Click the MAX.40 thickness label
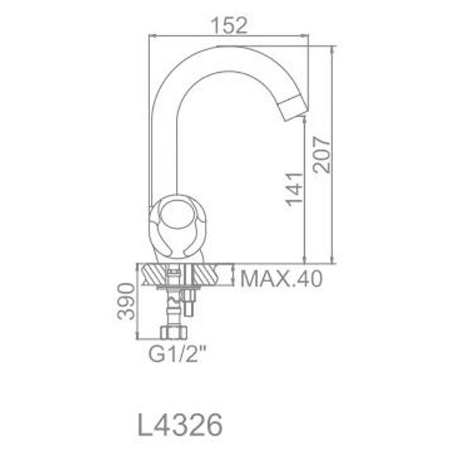click(x=281, y=278)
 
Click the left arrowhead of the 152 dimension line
click(x=149, y=35)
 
